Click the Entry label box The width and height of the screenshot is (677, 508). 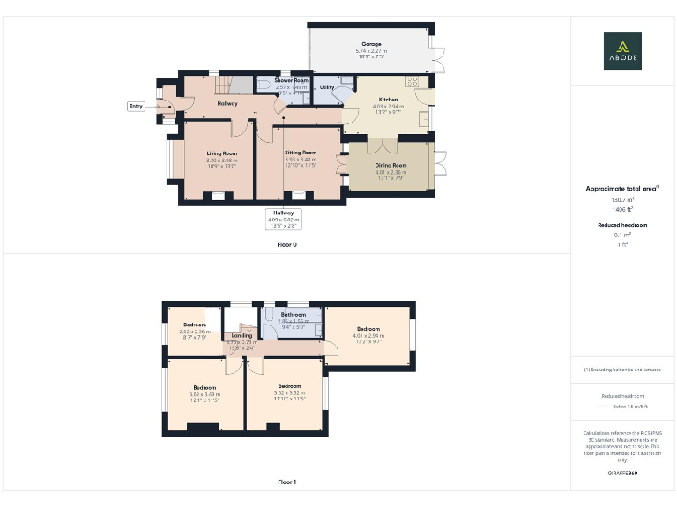[136, 106]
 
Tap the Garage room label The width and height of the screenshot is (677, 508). [371, 44]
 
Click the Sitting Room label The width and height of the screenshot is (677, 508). [300, 153]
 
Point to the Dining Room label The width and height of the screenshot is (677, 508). [389, 166]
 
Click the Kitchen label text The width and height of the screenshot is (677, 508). [389, 100]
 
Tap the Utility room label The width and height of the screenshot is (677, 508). [327, 87]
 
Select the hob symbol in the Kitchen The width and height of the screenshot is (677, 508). [412, 81]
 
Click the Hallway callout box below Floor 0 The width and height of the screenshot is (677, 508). [284, 216]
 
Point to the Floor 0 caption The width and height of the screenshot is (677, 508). [286, 244]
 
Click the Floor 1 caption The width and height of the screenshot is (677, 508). [286, 482]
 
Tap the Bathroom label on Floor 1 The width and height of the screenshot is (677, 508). [293, 314]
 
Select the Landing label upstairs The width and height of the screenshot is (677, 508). [242, 335]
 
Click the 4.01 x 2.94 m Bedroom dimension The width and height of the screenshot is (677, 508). [368, 335]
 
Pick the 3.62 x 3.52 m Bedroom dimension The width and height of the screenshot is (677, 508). [289, 393]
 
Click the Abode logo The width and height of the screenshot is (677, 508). [622, 50]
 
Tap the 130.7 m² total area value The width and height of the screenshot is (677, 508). [622, 200]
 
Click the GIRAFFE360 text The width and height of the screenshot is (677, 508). [622, 474]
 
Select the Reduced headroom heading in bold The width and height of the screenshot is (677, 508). [622, 225]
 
